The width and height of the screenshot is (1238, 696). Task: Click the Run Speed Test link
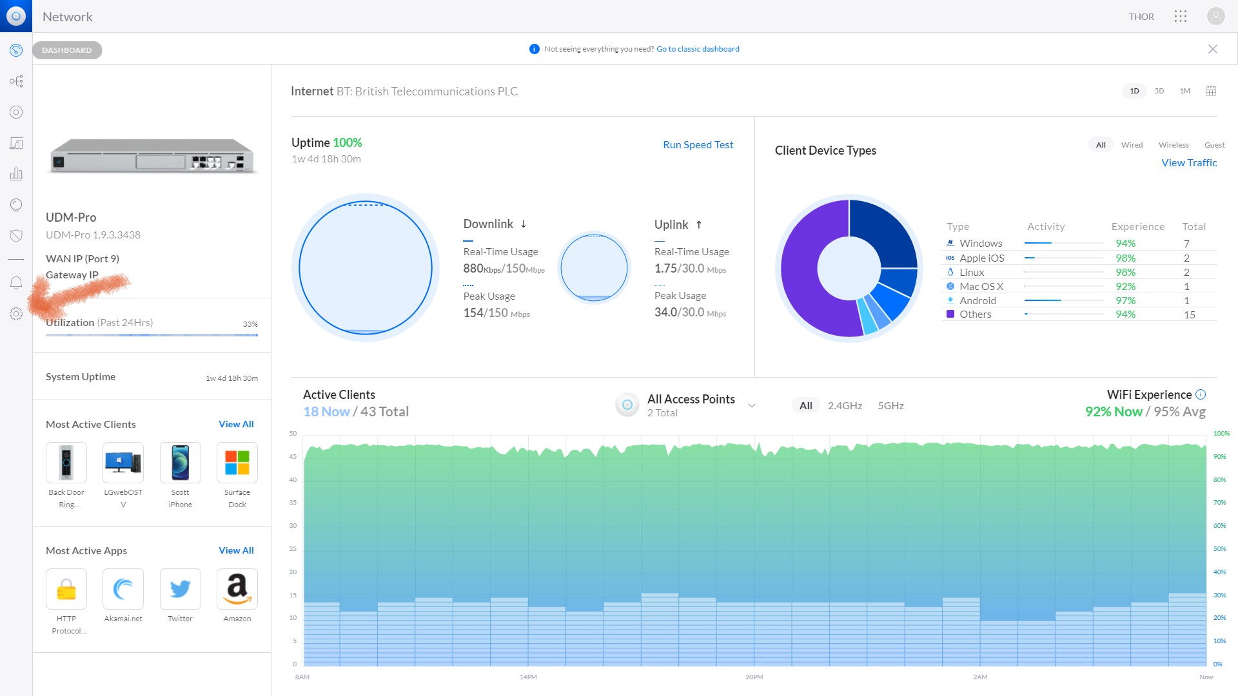(698, 145)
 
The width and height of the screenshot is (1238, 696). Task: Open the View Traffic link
(1188, 163)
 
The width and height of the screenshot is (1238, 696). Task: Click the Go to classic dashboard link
(698, 49)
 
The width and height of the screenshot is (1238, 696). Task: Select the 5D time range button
(1159, 91)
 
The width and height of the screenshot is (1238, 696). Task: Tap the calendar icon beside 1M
(1210, 91)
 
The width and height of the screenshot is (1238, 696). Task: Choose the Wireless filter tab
(1173, 145)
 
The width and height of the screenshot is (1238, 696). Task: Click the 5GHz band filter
(890, 406)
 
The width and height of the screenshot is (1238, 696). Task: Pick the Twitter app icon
(180, 589)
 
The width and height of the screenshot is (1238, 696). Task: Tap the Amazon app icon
(237, 589)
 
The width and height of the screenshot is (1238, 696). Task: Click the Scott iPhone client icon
(180, 463)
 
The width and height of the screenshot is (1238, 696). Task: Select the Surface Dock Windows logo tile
(237, 463)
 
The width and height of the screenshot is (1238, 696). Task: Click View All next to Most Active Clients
(236, 424)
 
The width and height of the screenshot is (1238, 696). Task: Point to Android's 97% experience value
(1125, 301)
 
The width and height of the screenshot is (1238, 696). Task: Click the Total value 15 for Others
(1189, 315)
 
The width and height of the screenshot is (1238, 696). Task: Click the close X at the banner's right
(1212, 49)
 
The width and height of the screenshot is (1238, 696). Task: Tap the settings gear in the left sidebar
(16, 314)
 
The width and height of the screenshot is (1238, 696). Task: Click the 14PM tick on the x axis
(528, 677)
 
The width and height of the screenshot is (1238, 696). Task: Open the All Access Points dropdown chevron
(751, 406)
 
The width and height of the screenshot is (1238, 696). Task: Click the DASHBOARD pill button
(67, 50)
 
